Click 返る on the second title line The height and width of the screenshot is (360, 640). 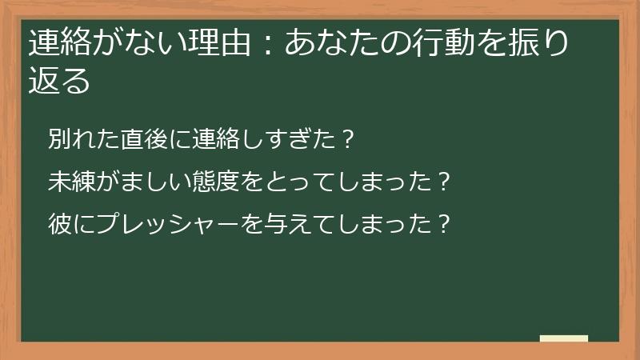coord(58,81)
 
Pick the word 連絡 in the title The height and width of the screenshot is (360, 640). coord(58,42)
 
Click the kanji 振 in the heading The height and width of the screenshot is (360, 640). coord(531,42)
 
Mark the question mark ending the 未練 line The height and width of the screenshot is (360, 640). coord(446,182)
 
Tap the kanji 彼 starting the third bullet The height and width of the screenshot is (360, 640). coord(58,222)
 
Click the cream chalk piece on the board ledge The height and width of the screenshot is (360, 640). coord(564,338)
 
